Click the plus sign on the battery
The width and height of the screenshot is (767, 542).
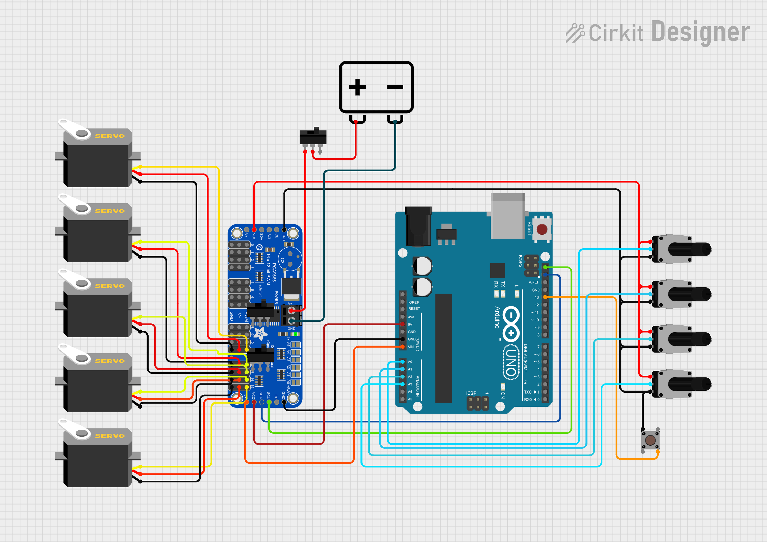pyautogui.click(x=357, y=87)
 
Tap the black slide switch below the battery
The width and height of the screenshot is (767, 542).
pyautogui.click(x=313, y=137)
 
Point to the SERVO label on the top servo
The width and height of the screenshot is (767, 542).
pyautogui.click(x=110, y=136)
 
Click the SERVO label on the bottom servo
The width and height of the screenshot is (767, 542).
pyautogui.click(x=110, y=436)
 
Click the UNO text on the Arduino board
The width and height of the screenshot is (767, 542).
pyautogui.click(x=511, y=362)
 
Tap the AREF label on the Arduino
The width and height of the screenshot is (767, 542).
pyautogui.click(x=534, y=282)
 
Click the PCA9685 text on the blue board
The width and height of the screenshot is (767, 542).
pyautogui.click(x=274, y=272)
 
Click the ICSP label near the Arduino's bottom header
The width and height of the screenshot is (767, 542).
pyautogui.click(x=471, y=393)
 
